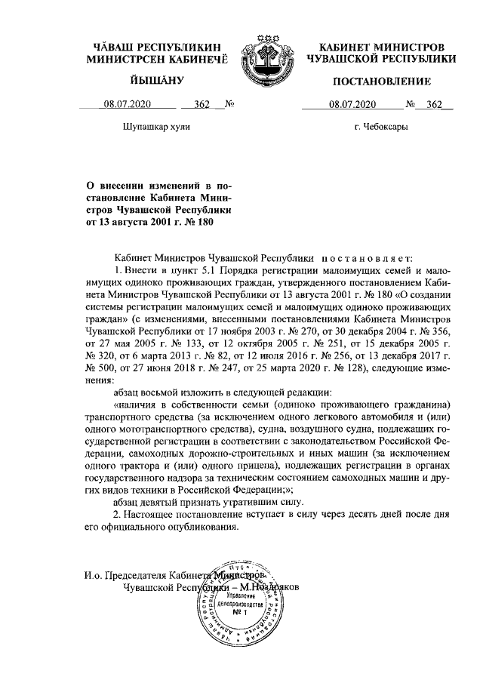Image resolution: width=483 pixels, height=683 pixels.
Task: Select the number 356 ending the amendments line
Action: [440, 330]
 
